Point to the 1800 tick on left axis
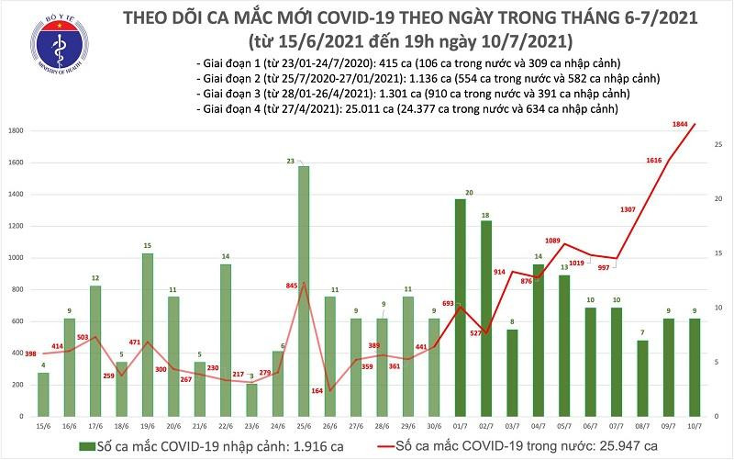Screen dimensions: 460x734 tap(14, 132)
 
